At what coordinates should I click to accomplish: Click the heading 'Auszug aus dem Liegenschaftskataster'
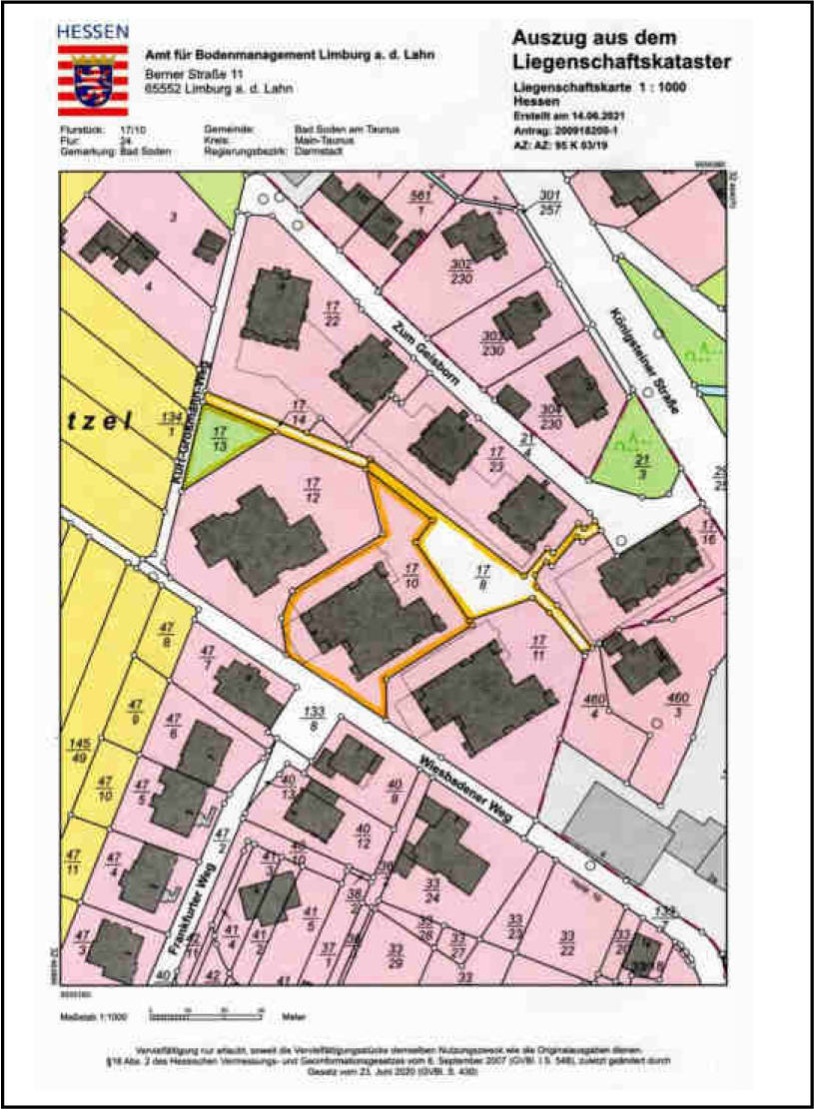(620, 50)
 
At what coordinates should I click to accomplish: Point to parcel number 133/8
(316, 719)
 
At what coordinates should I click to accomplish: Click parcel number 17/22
(333, 312)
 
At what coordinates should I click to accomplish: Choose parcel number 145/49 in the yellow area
(75, 751)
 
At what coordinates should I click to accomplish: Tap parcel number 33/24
(432, 890)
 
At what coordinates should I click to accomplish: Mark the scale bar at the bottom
(205, 1015)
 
